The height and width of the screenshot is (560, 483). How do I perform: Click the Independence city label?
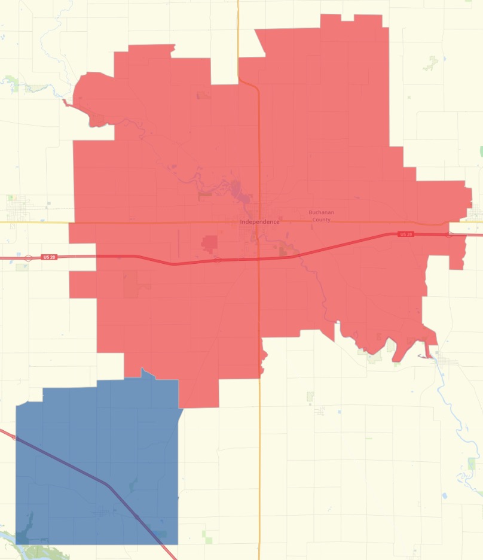tap(259, 222)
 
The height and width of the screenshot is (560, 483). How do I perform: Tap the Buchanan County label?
tap(321, 216)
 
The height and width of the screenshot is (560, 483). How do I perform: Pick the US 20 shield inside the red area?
tap(406, 234)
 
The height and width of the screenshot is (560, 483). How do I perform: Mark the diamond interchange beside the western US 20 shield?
tap(28, 258)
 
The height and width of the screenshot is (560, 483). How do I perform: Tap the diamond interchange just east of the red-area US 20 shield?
tap(448, 234)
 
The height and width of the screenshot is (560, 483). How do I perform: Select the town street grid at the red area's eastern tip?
tap(475, 212)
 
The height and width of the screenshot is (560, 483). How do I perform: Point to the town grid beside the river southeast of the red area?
tap(447, 363)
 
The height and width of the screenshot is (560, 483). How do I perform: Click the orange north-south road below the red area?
tap(259, 467)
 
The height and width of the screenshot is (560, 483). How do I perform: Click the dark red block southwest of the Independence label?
tap(210, 244)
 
